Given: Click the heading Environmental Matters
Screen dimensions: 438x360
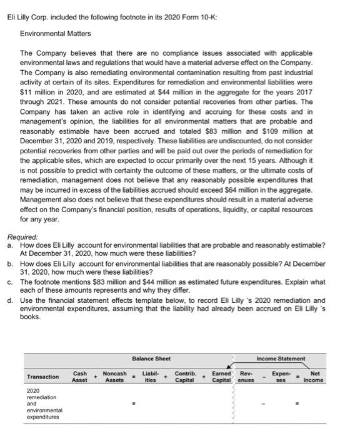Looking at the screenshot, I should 56,33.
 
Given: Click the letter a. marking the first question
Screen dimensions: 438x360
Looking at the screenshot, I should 10,245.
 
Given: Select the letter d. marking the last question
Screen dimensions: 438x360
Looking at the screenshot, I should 10,300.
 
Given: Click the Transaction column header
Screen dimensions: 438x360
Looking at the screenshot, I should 43,377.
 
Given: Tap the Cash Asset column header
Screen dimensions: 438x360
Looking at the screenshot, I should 80,377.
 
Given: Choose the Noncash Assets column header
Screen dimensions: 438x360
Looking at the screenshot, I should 115,377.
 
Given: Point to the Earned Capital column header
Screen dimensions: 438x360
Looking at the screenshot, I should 221,377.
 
